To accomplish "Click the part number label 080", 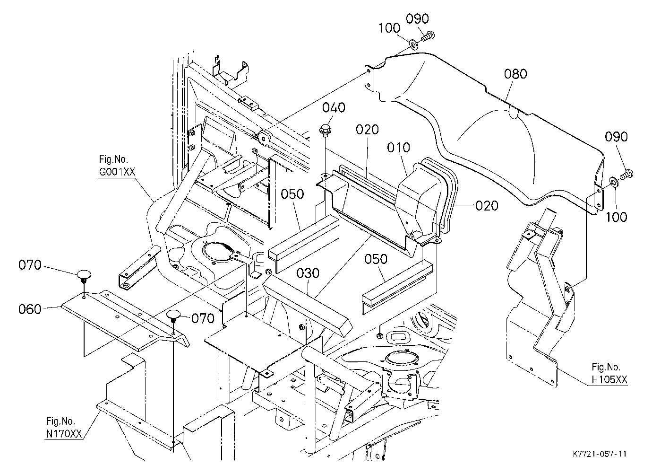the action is [x=515, y=74].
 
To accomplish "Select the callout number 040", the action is [x=334, y=108].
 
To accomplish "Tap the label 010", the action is [x=398, y=148].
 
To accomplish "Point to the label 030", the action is [x=308, y=273].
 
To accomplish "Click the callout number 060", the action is [x=30, y=309].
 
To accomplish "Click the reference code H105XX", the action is [x=609, y=379].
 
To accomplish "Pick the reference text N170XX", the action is [x=64, y=434].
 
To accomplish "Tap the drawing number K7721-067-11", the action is [x=600, y=454].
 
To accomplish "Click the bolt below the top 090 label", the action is [x=428, y=36].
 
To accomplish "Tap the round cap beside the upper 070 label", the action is [x=84, y=276].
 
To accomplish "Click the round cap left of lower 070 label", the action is [x=174, y=316].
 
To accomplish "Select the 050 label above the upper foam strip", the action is [x=292, y=194].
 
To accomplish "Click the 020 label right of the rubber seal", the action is [x=487, y=206].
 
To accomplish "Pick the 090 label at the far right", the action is [x=616, y=137].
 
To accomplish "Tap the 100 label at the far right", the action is [x=616, y=217].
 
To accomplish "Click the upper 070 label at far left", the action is [x=30, y=265].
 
